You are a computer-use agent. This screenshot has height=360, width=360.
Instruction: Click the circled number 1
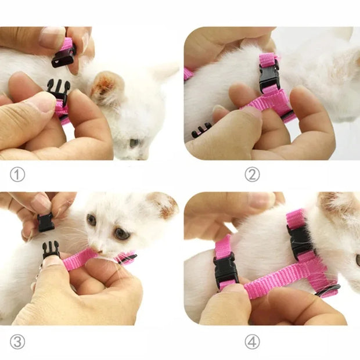(x=17, y=174)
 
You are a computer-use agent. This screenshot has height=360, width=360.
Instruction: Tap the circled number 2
(x=252, y=174)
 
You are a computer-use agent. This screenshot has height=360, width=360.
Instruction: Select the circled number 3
(x=17, y=342)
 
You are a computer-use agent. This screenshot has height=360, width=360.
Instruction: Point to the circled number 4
(x=252, y=342)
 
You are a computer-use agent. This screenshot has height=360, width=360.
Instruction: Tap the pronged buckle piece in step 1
(x=59, y=91)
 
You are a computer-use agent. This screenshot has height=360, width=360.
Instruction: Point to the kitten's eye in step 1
(x=134, y=142)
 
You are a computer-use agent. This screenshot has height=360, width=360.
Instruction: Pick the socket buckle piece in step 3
(x=46, y=222)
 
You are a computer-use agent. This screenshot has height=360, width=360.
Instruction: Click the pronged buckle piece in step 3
(x=51, y=250)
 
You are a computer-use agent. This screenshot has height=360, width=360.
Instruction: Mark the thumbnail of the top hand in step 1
(x=52, y=37)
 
